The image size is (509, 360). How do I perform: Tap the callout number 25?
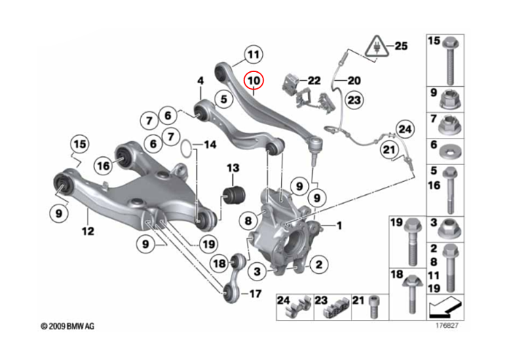click(401, 46)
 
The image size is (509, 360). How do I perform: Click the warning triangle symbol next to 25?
click(375, 46)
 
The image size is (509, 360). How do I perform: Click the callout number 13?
click(233, 168)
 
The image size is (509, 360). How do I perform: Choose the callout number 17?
click(254, 294)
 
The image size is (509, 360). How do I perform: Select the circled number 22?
click(313, 80)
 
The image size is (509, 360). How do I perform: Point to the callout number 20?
click(354, 80)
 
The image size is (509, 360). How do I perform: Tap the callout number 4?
click(201, 82)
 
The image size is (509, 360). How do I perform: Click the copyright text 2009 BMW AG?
click(67, 327)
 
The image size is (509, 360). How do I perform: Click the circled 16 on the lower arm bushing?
click(103, 165)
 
